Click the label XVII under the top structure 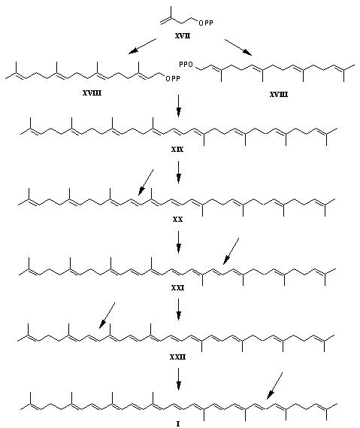click(x=183, y=35)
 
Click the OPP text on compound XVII click(x=206, y=23)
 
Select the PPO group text click(x=186, y=65)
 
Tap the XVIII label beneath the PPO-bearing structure click(x=278, y=95)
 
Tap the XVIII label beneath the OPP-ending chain click(x=92, y=93)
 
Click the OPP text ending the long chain click(x=173, y=79)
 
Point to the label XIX click(x=177, y=150)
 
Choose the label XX click(x=177, y=219)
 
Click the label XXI click(x=177, y=287)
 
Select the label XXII click(x=177, y=357)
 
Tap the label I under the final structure click(x=178, y=423)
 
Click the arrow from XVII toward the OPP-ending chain click(x=142, y=46)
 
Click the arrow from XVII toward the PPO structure click(x=238, y=47)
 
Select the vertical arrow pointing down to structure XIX click(x=178, y=106)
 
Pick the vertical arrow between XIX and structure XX click(x=178, y=172)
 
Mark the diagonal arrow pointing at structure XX click(x=146, y=182)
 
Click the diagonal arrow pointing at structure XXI click(x=231, y=251)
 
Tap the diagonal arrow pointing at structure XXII click(x=107, y=315)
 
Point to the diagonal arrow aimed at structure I click(x=274, y=386)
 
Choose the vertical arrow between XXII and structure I click(x=178, y=379)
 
